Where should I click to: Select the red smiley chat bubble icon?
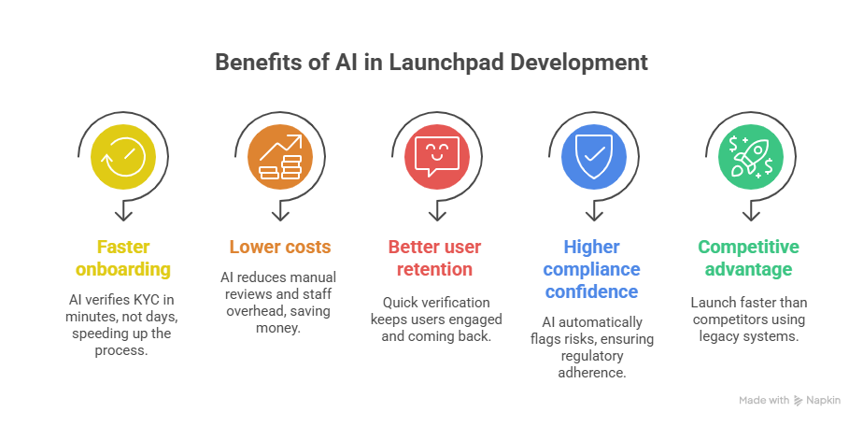pyautogui.click(x=431, y=155)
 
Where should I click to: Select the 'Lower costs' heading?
pyautogui.click(x=279, y=248)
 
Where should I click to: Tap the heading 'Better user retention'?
pyautogui.click(x=433, y=259)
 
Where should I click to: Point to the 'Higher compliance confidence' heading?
pyautogui.click(x=590, y=269)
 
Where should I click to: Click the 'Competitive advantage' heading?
pyautogui.click(x=748, y=259)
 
